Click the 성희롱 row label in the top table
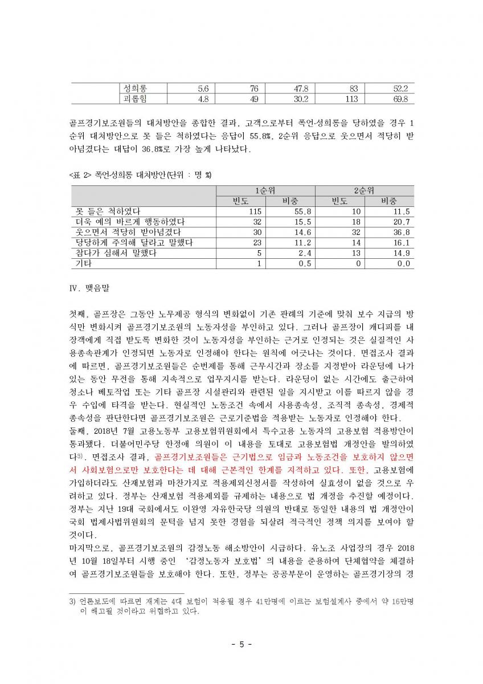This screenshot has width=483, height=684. pos(135,89)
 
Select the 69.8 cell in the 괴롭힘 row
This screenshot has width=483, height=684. pos(402,99)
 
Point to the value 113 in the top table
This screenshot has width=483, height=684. pos(351,99)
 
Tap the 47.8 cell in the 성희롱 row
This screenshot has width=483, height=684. pos(300,89)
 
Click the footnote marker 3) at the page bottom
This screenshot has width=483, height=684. pos(72,601)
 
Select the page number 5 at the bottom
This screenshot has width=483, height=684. pos(241,645)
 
